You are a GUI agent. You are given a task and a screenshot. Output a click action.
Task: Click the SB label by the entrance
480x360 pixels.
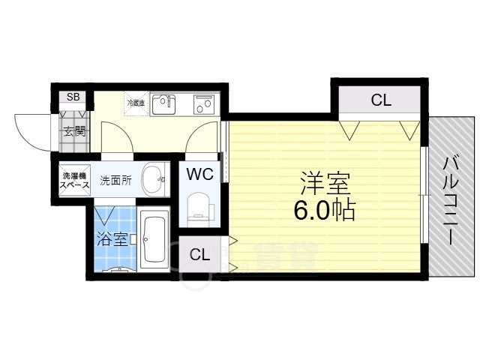tap(73, 97)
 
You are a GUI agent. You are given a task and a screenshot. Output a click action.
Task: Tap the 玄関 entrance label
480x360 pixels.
tap(73, 131)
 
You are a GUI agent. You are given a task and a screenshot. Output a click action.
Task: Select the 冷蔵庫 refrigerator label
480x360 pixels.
tap(136, 103)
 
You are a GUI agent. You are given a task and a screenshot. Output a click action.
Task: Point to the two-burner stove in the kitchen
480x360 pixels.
tap(202, 104)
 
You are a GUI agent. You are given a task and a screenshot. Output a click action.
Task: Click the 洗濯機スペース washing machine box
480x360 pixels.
tap(73, 180)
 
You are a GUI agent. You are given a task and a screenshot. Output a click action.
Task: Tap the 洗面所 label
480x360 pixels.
tap(116, 180)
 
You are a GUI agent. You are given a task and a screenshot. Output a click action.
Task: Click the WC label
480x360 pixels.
tap(200, 174)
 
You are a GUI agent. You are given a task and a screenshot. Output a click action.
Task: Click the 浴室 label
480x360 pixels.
tap(111, 240)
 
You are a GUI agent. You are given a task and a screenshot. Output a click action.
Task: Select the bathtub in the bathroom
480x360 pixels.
tap(155, 241)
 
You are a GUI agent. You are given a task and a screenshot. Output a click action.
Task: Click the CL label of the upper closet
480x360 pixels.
tap(381, 100)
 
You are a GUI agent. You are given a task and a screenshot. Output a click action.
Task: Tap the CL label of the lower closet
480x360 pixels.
tap(199, 255)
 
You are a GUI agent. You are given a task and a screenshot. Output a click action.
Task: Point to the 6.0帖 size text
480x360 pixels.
tap(324, 211)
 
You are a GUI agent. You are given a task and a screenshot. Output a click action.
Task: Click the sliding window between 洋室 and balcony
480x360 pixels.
tap(426, 195)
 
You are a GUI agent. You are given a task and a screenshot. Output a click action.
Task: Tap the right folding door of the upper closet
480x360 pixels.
tap(409, 130)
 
